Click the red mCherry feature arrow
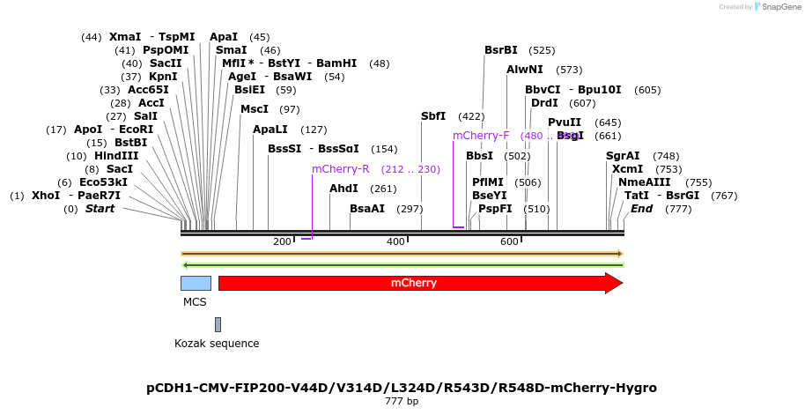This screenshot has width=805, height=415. (x=414, y=283)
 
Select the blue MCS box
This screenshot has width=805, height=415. (x=196, y=283)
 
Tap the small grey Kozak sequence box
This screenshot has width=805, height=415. (x=218, y=324)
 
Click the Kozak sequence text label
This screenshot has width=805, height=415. (x=217, y=343)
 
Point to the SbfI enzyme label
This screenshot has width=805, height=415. (x=433, y=116)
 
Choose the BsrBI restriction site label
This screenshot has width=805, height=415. (x=501, y=50)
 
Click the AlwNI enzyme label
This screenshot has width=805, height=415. (x=525, y=70)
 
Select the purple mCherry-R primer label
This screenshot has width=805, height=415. (x=340, y=169)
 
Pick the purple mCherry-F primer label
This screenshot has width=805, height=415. (x=481, y=136)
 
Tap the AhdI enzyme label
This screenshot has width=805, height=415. (x=343, y=189)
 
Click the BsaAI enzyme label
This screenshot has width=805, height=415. (x=367, y=209)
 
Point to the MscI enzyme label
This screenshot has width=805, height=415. (x=255, y=109)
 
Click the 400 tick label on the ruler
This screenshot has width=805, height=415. (x=395, y=242)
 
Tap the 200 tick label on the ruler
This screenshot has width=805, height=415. (x=282, y=242)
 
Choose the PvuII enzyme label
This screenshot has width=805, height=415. (x=565, y=122)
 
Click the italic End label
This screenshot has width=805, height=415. (x=641, y=209)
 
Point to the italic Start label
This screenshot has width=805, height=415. (x=100, y=209)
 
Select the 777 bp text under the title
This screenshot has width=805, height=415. (x=402, y=402)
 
